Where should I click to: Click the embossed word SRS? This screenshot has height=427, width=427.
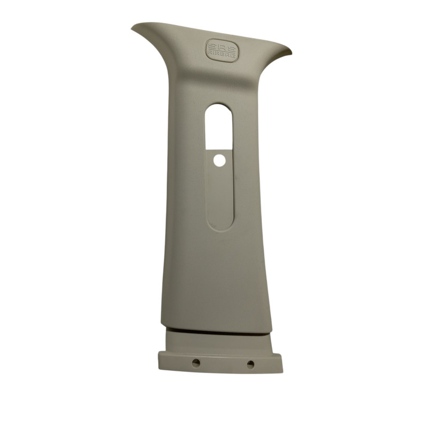pyautogui.click(x=222, y=47)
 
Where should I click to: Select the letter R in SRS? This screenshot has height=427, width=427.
pyautogui.click(x=222, y=47)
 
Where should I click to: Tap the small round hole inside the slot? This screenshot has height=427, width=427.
pyautogui.click(x=219, y=161)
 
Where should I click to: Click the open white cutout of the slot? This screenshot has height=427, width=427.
pyautogui.click(x=219, y=126)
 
